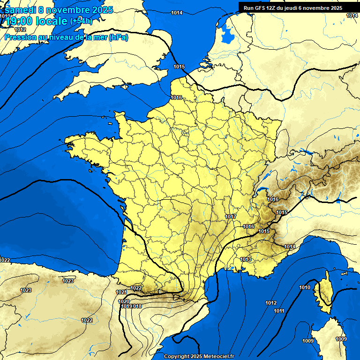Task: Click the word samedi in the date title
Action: coord(20,10)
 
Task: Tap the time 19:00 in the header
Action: coord(20,22)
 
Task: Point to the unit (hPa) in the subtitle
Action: coord(118,37)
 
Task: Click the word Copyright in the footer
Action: coord(177,356)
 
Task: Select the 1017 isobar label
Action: coord(231,217)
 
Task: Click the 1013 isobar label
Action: coord(246,259)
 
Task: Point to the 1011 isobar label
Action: coord(279,311)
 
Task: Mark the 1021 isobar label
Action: coord(121,292)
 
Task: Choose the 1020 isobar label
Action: coord(124,301)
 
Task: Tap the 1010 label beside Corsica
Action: coord(305,287)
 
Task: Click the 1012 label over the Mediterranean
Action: coord(271,303)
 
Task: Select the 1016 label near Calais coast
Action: coord(176,97)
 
